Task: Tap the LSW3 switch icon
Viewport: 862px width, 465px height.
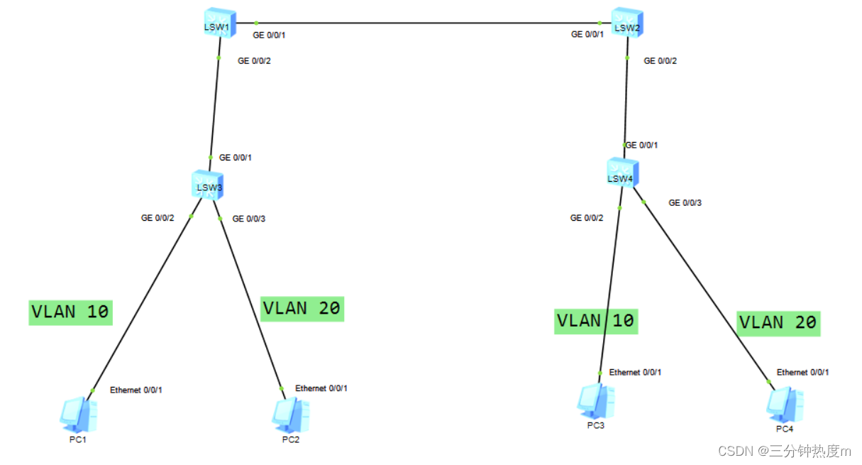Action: click(x=209, y=185)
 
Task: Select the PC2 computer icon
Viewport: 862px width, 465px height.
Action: click(x=290, y=415)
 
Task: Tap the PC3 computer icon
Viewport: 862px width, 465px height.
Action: click(x=595, y=401)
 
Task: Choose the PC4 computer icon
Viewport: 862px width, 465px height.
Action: click(x=784, y=404)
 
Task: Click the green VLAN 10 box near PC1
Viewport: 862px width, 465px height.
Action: click(x=70, y=312)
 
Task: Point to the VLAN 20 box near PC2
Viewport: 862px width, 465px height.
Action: click(x=302, y=309)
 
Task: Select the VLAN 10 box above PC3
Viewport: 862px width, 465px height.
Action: click(x=595, y=321)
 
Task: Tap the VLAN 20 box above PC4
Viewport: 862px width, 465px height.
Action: click(x=778, y=323)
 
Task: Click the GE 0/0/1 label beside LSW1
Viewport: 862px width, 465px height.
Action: click(x=270, y=34)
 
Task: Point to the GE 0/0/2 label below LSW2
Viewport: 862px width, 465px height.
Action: click(x=660, y=61)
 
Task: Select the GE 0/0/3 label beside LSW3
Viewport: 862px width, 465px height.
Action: click(x=249, y=219)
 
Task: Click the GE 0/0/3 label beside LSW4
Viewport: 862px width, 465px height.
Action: click(x=685, y=203)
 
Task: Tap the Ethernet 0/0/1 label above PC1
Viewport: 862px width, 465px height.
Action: click(x=136, y=390)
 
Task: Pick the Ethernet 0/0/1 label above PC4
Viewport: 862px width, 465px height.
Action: click(x=802, y=372)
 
